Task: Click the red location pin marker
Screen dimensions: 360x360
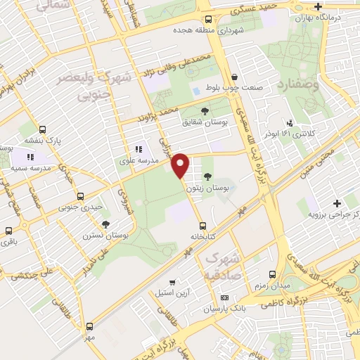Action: click(181, 164)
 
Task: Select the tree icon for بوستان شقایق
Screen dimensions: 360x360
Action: click(205, 110)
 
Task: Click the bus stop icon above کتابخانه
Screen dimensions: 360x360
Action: click(202, 226)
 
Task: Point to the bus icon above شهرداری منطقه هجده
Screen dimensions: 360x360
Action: click(207, 20)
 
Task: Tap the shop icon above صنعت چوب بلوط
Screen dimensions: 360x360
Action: click(234, 78)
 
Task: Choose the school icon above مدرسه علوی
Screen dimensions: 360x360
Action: click(139, 149)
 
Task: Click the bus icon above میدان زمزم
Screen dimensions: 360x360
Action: click(274, 273)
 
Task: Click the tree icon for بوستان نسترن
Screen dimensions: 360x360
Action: click(105, 224)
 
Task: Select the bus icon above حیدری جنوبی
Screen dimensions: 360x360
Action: click(81, 196)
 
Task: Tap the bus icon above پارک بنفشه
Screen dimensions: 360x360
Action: click(43, 130)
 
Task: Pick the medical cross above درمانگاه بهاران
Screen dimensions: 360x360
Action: click(319, 6)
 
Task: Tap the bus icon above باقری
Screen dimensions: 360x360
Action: click(8, 231)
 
